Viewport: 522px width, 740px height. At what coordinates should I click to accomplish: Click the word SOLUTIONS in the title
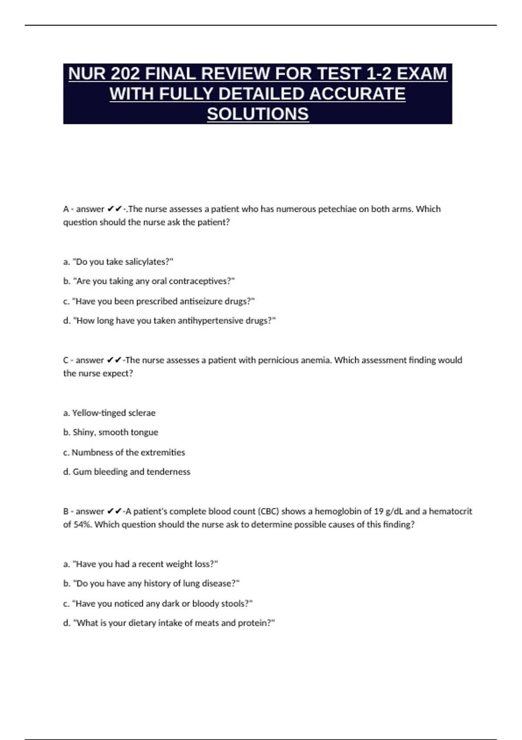tap(258, 114)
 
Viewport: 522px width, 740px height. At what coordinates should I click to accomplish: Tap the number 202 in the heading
tap(125, 74)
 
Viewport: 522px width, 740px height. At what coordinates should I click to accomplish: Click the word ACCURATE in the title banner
tap(357, 94)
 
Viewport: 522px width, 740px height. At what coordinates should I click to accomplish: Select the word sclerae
tap(141, 413)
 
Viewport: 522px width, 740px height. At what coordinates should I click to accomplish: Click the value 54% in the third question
tap(83, 525)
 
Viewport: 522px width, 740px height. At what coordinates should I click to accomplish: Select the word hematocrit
tap(450, 511)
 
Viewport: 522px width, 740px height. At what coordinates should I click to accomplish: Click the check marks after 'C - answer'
tap(114, 360)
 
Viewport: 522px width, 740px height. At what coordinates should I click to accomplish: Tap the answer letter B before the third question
tap(66, 511)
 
